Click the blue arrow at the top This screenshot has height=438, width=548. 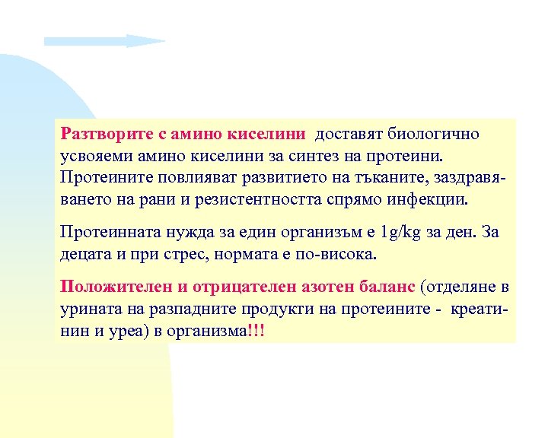(104, 40)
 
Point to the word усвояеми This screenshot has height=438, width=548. (94, 156)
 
